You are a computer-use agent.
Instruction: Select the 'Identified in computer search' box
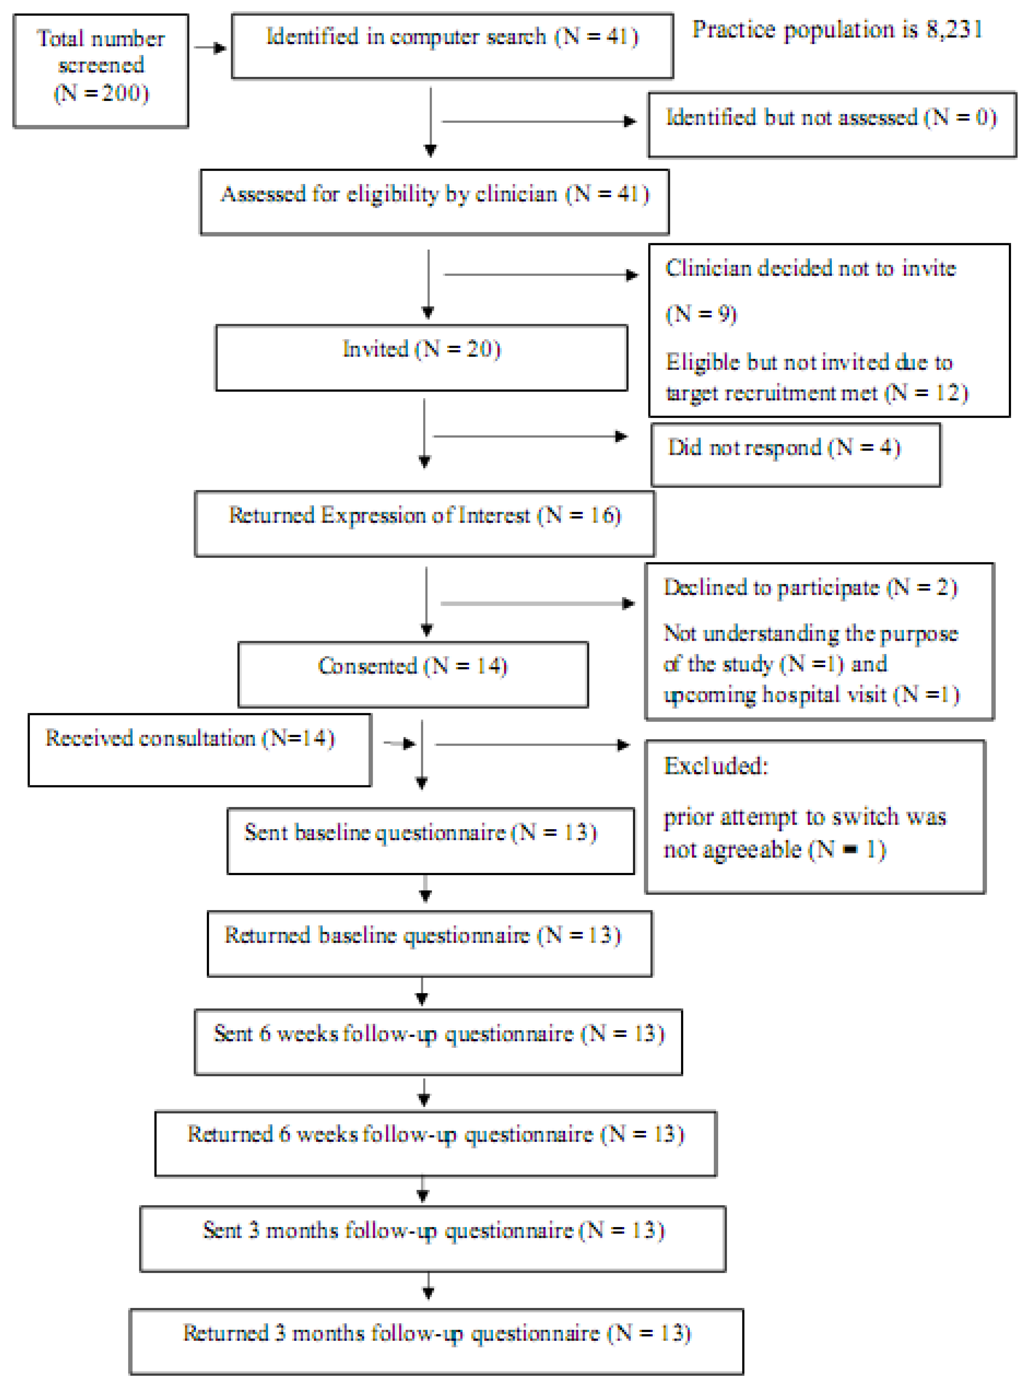(x=452, y=46)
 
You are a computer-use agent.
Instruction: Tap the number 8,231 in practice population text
(x=954, y=29)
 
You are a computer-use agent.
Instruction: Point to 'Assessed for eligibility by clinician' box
(x=434, y=202)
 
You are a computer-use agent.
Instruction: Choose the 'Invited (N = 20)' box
(x=421, y=357)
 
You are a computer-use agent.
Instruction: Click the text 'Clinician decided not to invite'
(x=810, y=268)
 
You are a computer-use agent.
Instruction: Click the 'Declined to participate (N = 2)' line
(x=810, y=587)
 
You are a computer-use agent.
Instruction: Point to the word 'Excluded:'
(x=716, y=765)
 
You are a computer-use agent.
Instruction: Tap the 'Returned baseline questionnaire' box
(x=429, y=943)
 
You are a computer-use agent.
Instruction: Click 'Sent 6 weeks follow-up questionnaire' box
(x=438, y=1042)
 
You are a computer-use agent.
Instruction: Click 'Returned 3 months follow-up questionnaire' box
(x=436, y=1340)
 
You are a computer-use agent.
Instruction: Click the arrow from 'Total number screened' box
(x=210, y=48)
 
